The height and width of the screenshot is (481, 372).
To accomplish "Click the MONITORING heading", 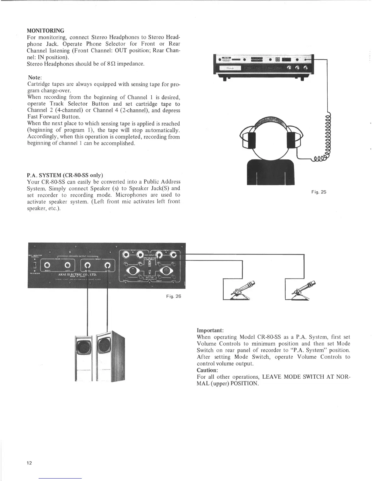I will pyautogui.click(x=46, y=31).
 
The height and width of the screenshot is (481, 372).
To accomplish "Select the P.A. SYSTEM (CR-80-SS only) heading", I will pyautogui.click(x=65, y=175).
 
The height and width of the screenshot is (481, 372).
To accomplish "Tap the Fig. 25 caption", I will pyautogui.click(x=319, y=192).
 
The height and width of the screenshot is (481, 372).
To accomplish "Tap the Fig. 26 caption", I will pyautogui.click(x=174, y=296).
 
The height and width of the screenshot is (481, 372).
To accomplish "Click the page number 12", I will pyautogui.click(x=29, y=463).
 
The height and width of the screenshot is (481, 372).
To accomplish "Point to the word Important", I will pyautogui.click(x=210, y=330).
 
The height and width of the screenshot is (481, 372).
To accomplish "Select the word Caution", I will pyautogui.click(x=207, y=370).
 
